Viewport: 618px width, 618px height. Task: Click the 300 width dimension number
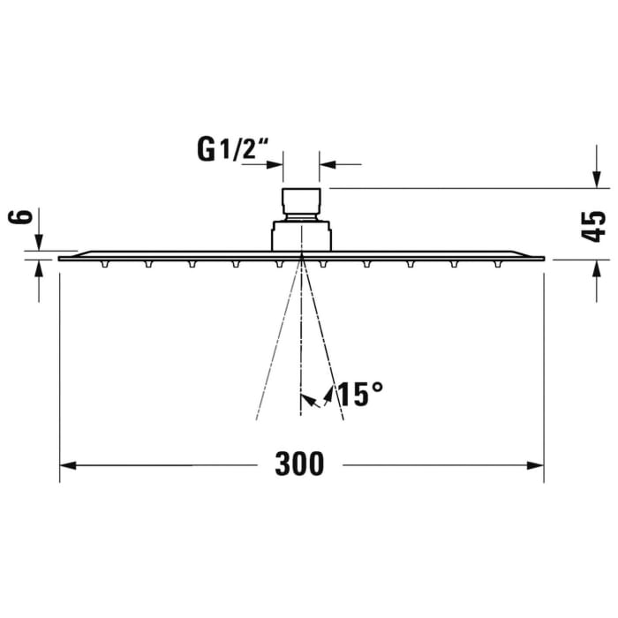click(299, 463)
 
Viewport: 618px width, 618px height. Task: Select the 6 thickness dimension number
click(24, 217)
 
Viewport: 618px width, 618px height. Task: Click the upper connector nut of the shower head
click(300, 202)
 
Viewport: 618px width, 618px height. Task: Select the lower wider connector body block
click(301, 236)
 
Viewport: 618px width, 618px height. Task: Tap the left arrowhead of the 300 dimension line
click(69, 464)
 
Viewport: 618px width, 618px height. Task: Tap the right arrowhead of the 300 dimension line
click(535, 464)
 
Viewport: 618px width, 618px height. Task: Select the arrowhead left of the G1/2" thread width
click(275, 163)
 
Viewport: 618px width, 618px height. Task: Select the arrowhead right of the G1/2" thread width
click(328, 163)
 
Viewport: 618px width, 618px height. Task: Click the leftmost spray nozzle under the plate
click(105, 263)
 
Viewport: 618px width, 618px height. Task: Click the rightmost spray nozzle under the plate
click(498, 263)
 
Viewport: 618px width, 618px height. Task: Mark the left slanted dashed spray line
click(276, 344)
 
